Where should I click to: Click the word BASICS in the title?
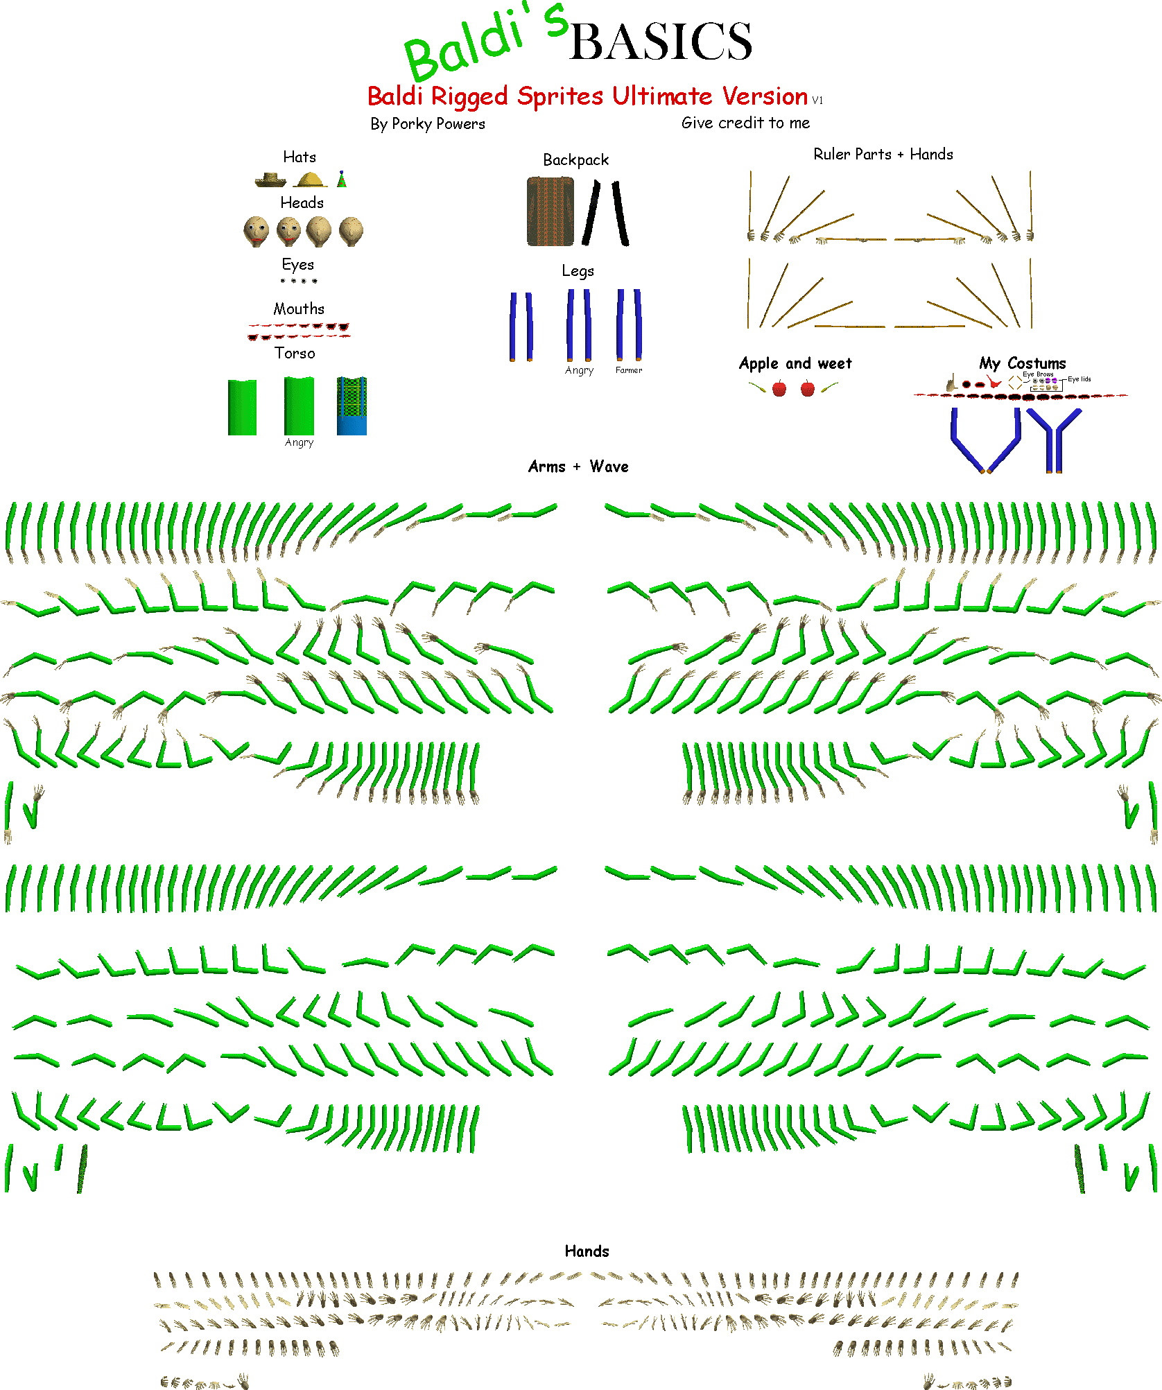660,42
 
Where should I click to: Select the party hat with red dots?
341,180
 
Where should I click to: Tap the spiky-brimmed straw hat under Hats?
270,180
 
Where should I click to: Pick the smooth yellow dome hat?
310,180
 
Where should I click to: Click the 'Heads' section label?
302,202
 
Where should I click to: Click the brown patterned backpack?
550,211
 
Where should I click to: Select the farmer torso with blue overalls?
352,406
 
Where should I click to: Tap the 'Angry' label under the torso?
299,442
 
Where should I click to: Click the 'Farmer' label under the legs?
629,370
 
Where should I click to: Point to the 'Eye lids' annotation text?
1079,379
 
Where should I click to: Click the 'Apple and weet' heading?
795,363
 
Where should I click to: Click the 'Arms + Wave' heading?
578,467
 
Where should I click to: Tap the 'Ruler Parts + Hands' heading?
883,154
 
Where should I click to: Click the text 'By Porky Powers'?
427,124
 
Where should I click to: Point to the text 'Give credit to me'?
745,123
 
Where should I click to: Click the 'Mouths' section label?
299,309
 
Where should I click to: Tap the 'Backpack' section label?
575,160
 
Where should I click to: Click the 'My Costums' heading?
1022,363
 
